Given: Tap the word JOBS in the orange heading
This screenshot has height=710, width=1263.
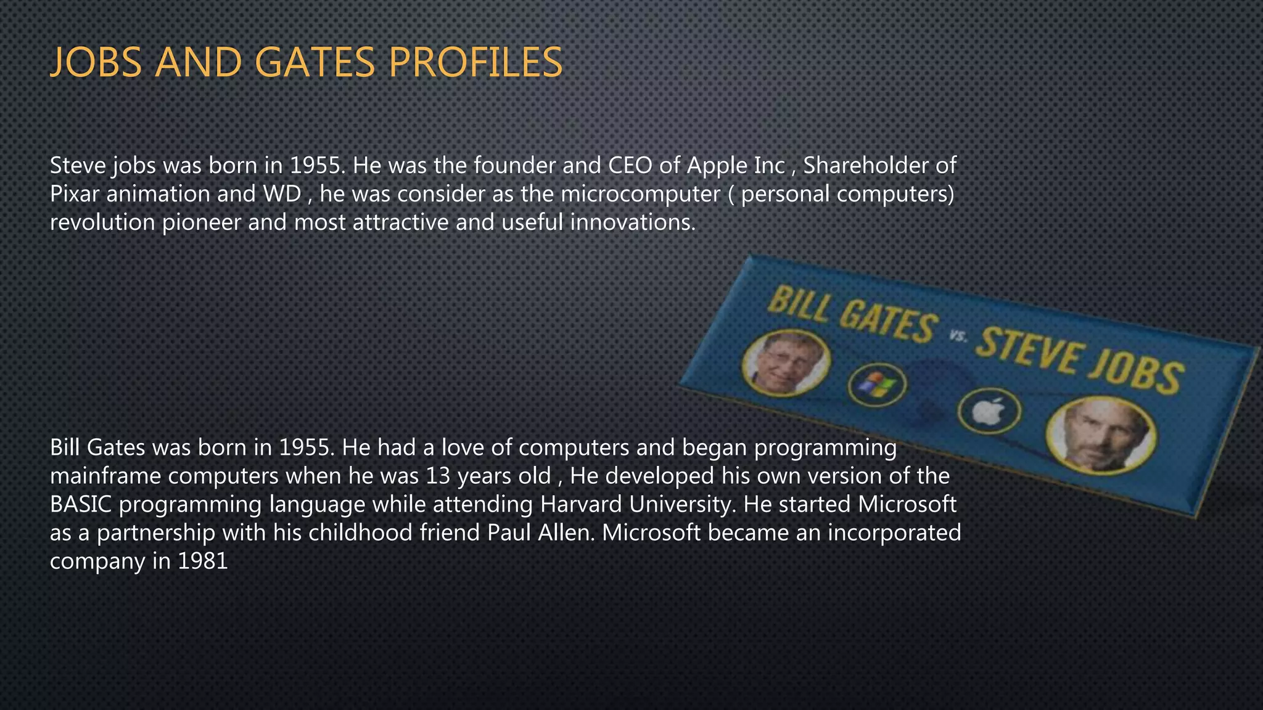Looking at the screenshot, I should [x=96, y=62].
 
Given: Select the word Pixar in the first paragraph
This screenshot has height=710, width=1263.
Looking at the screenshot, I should [x=75, y=194].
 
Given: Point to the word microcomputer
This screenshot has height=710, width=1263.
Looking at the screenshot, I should [x=640, y=194].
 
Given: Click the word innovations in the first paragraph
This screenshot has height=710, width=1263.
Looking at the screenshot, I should [x=632, y=222].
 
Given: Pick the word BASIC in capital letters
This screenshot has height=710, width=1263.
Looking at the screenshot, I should [x=81, y=504].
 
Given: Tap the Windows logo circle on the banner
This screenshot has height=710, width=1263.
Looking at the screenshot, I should [x=877, y=386].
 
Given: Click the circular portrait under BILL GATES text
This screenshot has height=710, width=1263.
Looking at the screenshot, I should [x=785, y=363].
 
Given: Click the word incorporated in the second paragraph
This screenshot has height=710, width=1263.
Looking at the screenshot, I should [x=894, y=532].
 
